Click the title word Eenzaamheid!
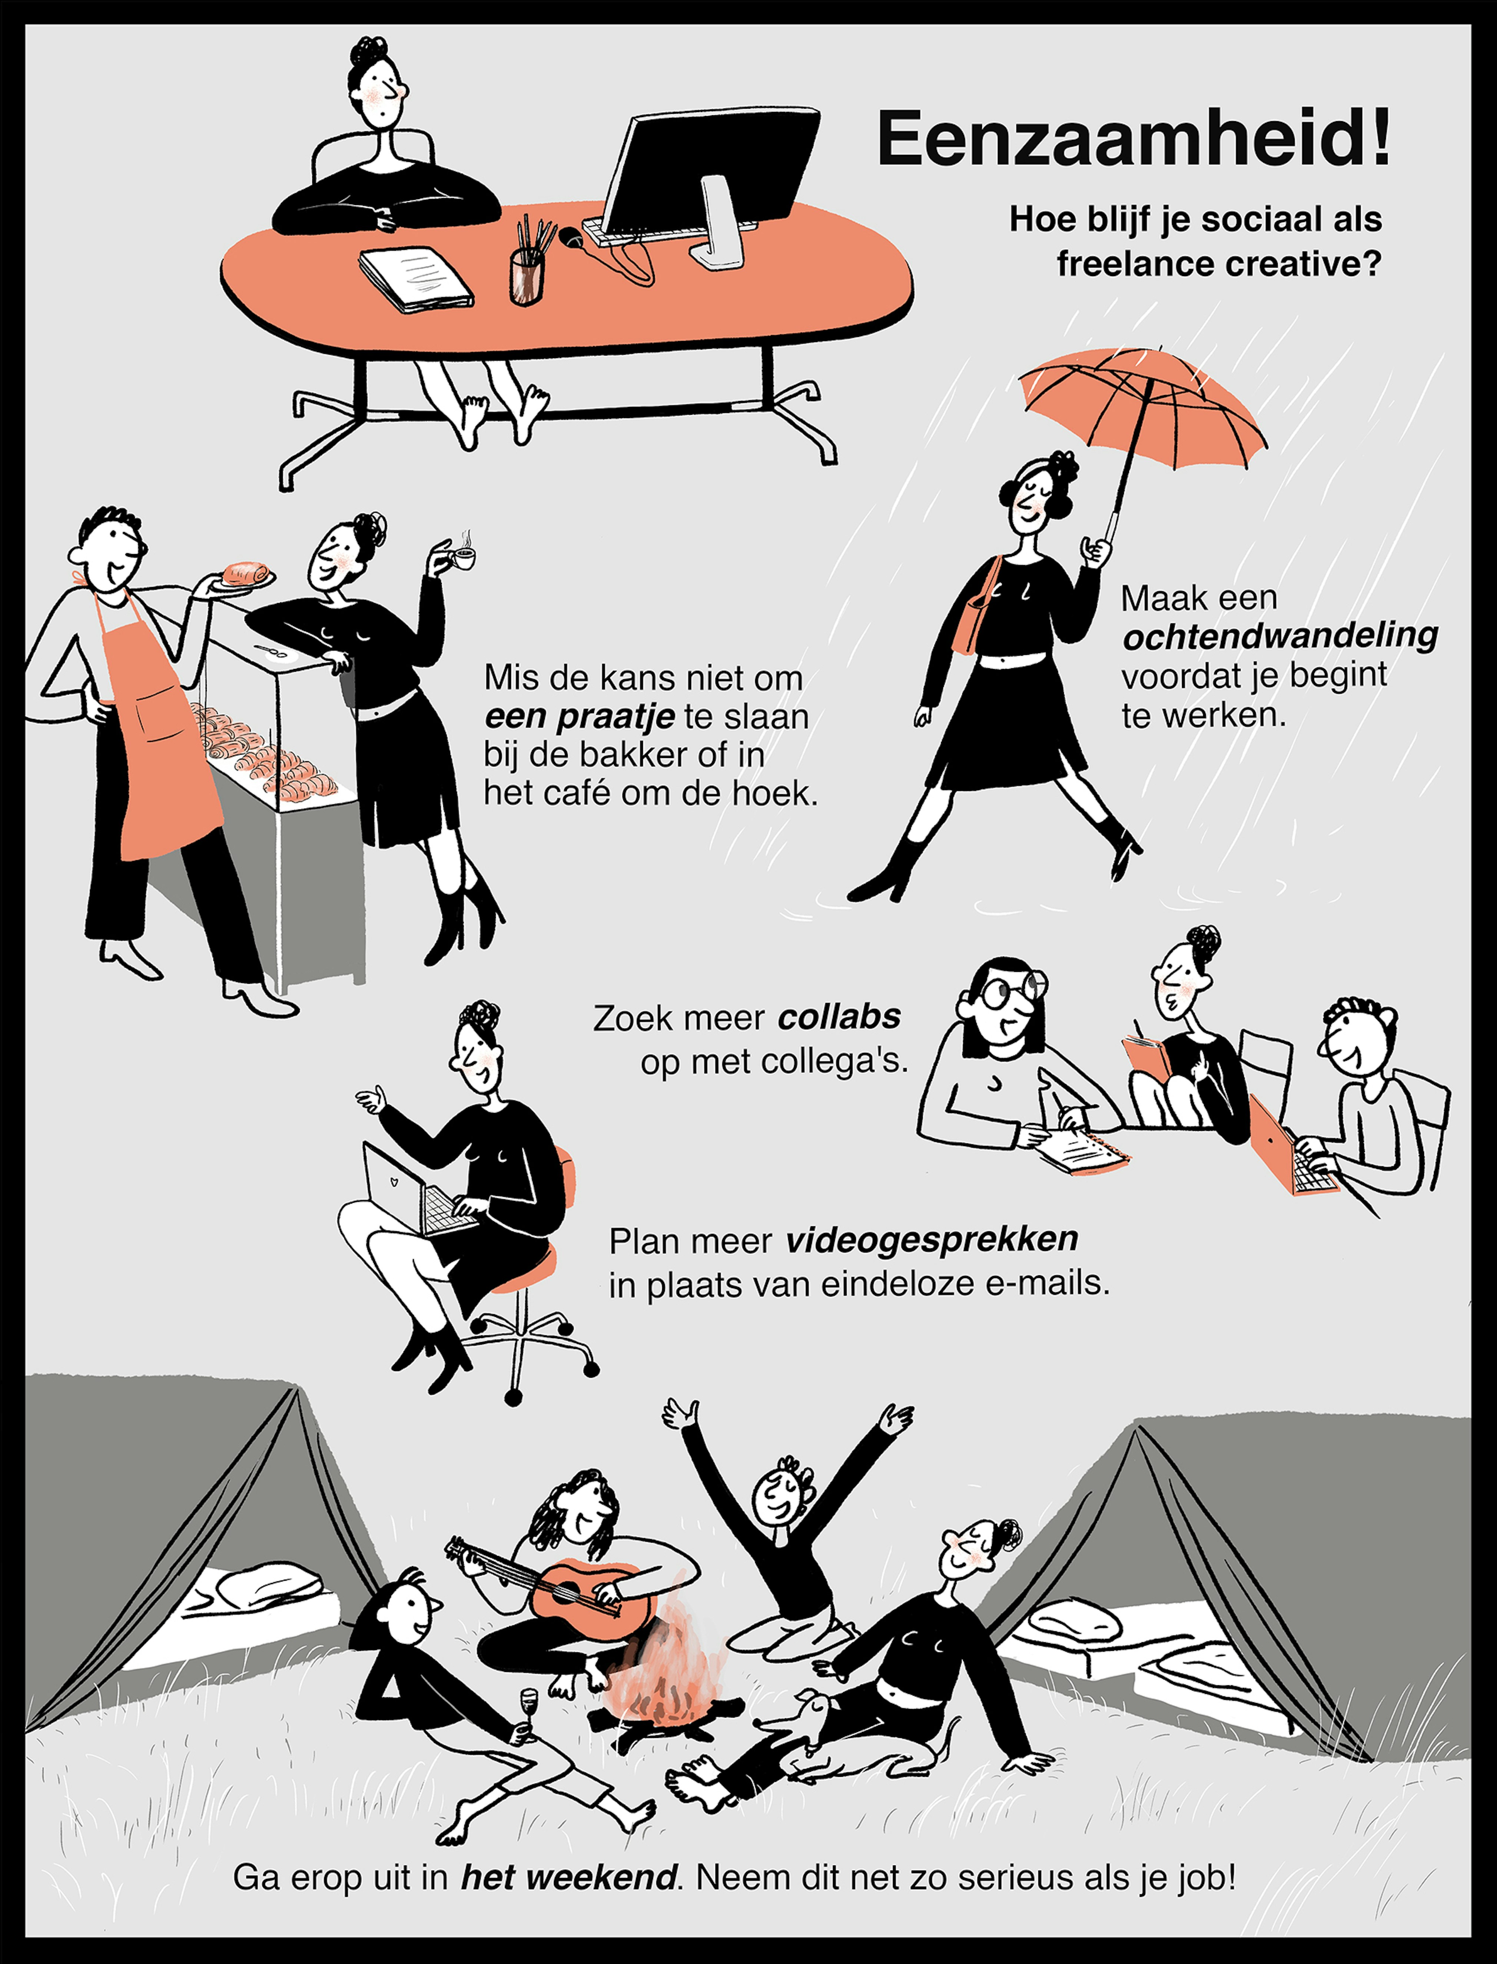(1133, 139)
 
